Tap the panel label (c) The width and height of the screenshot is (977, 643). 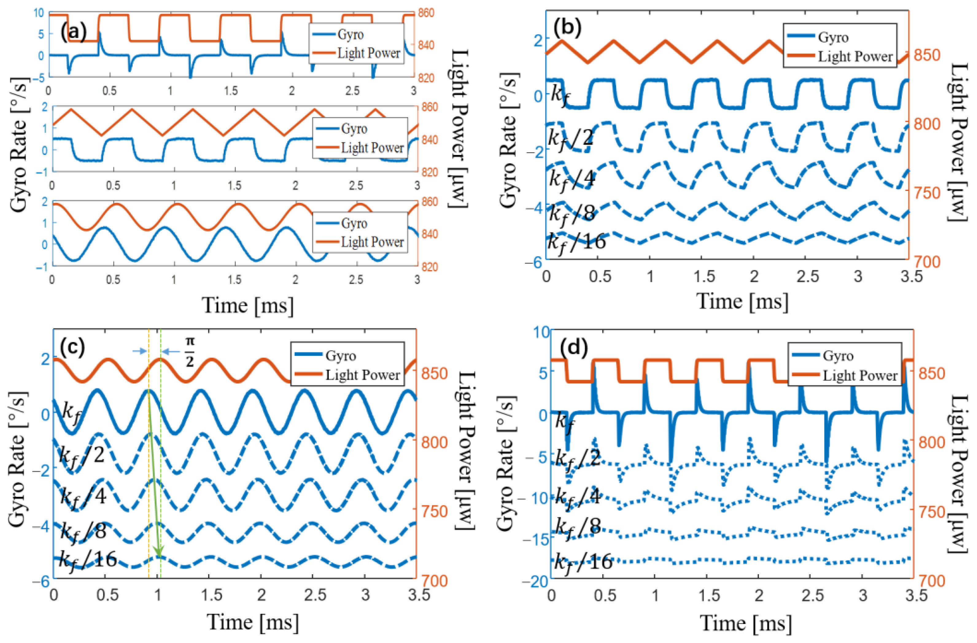(x=72, y=347)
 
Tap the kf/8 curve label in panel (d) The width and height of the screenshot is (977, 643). (x=578, y=527)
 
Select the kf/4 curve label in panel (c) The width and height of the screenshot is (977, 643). (x=83, y=496)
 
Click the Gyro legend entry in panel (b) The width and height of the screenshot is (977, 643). (x=833, y=37)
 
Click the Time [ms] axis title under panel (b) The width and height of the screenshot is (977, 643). (x=742, y=302)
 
